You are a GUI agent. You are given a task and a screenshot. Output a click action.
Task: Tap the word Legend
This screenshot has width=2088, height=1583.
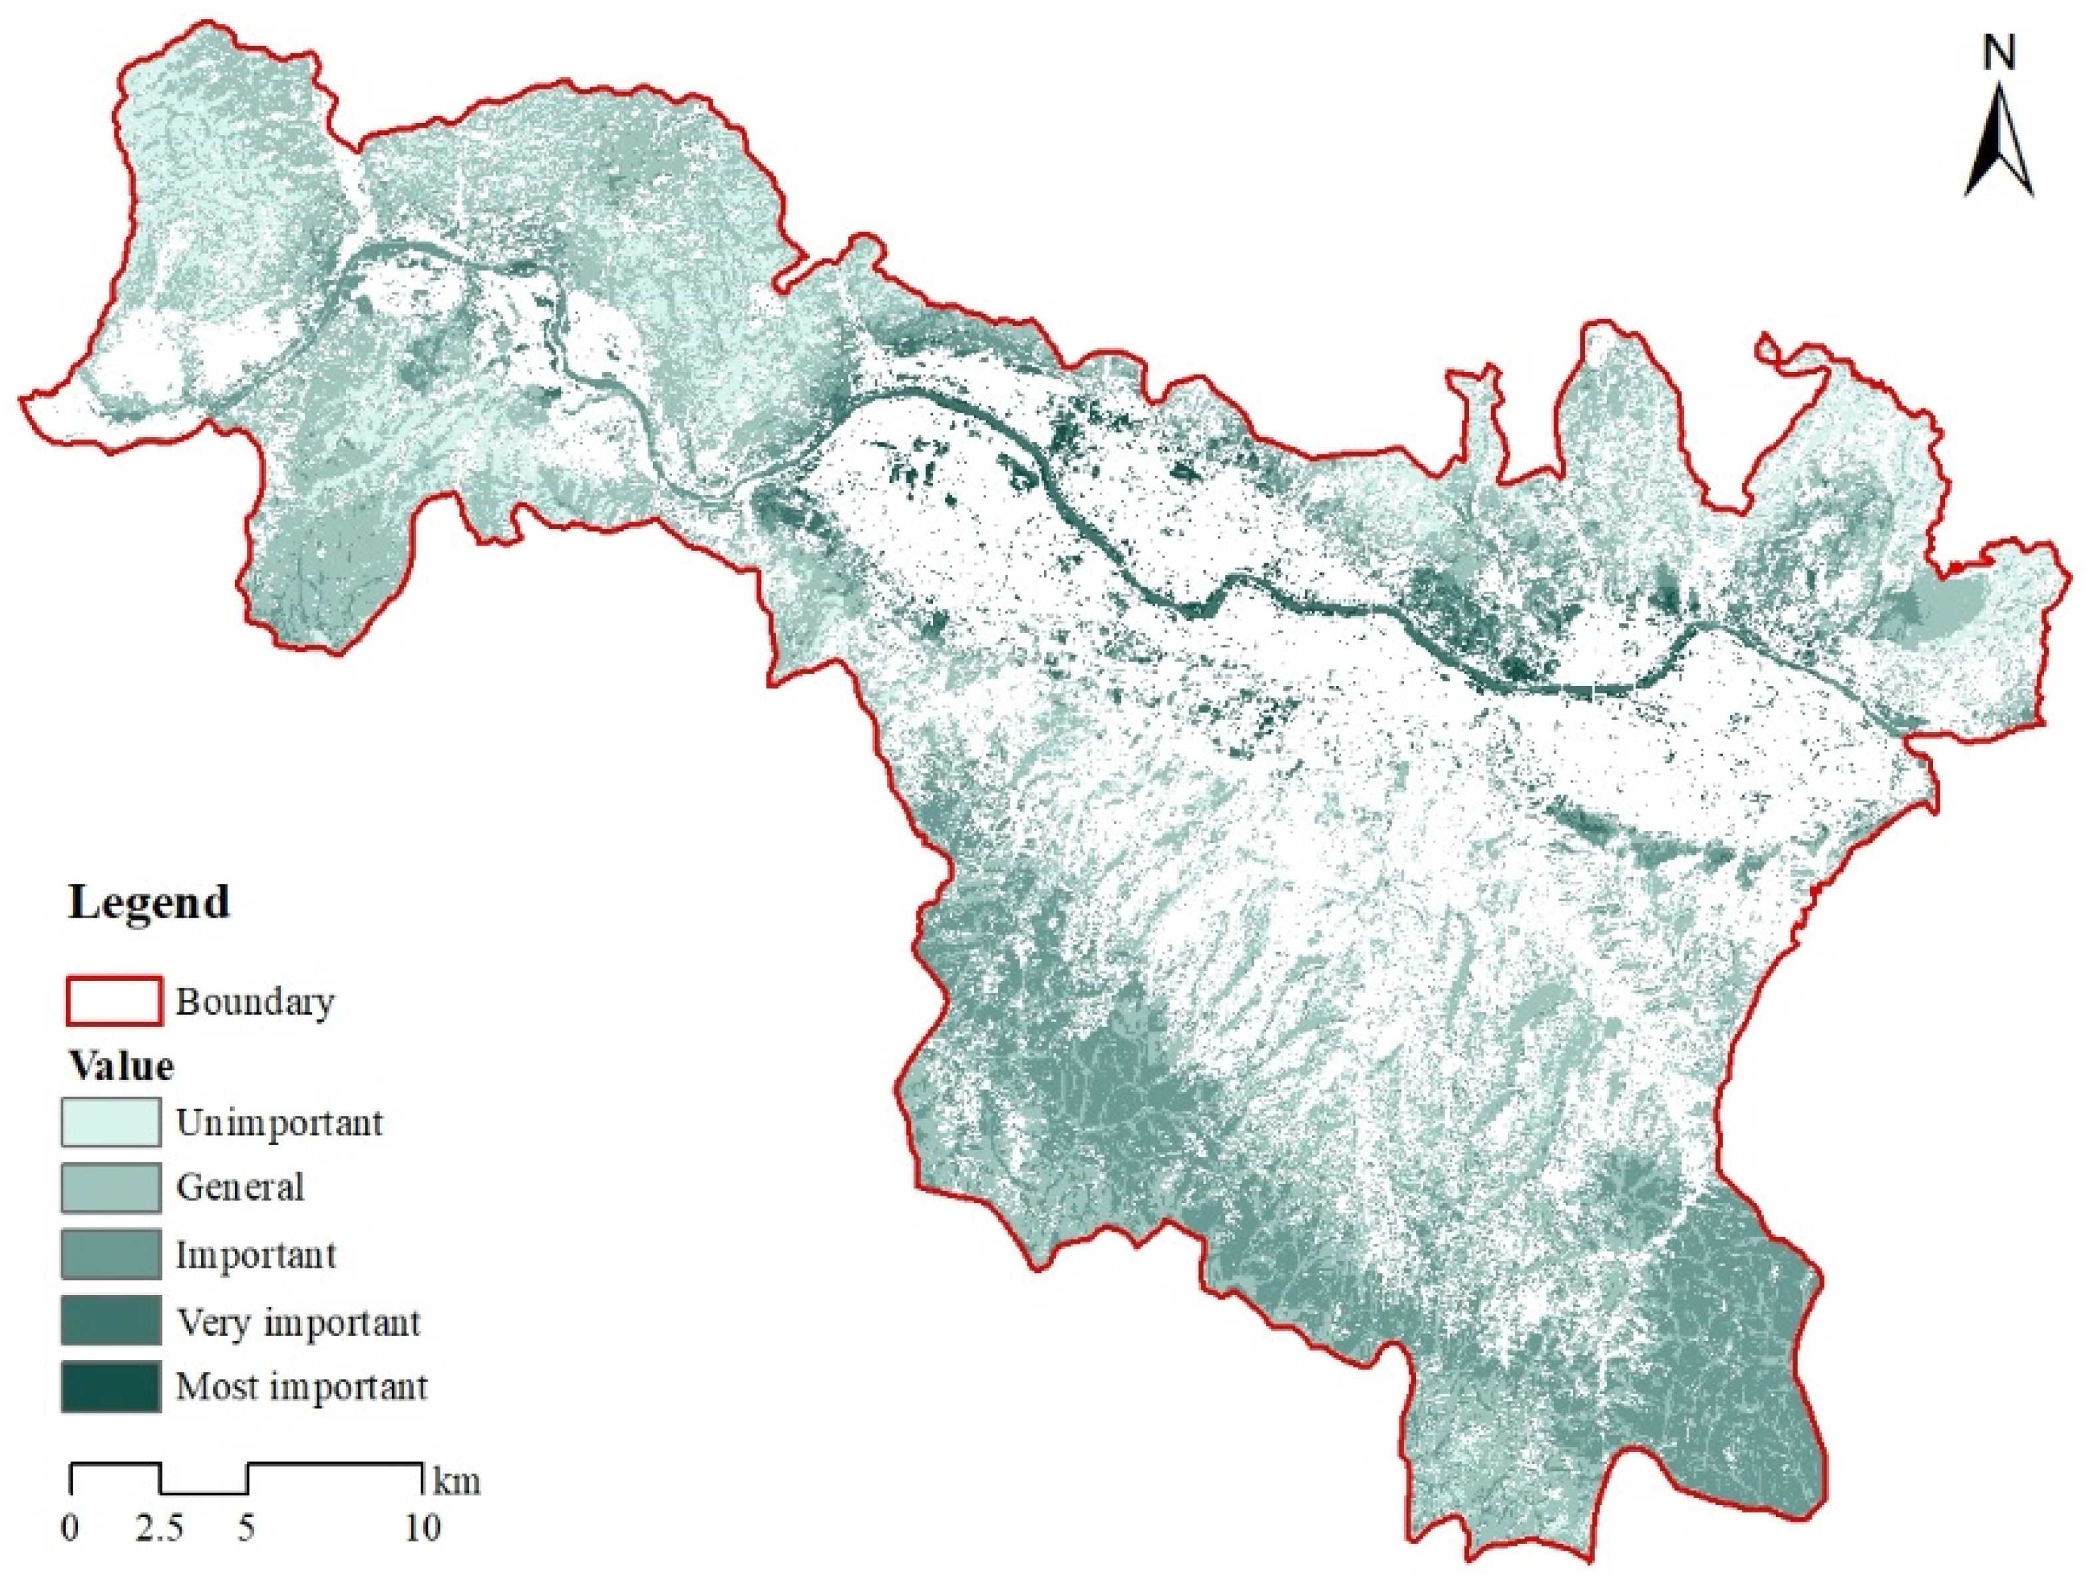[x=148, y=902]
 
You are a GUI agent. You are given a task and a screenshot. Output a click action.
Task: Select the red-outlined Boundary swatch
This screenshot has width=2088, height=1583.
[x=112, y=1001]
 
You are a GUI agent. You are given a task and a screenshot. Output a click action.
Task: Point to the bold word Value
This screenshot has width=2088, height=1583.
[x=121, y=1067]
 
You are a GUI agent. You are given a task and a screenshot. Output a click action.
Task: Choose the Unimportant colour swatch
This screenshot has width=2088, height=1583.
[x=110, y=1121]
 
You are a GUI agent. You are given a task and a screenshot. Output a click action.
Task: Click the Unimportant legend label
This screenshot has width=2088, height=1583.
[x=279, y=1123]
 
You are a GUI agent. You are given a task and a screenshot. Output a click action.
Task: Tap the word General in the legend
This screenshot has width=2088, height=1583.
[x=240, y=1188]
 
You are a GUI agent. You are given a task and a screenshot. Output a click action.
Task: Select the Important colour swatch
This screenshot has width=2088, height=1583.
[x=110, y=1254]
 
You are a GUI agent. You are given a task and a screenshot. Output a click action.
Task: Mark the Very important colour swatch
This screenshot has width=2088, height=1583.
[x=110, y=1321]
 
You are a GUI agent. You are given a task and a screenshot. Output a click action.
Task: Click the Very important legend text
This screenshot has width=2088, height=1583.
[x=297, y=1322]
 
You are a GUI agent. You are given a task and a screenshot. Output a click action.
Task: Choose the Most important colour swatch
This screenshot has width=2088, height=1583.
[x=110, y=1387]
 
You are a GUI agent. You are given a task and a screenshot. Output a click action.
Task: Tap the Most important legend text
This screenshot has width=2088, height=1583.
[x=301, y=1387]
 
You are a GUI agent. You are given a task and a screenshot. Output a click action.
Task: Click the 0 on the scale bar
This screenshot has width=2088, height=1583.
[x=71, y=1527]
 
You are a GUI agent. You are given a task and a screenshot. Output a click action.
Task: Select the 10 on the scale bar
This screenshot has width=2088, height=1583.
[x=423, y=1527]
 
